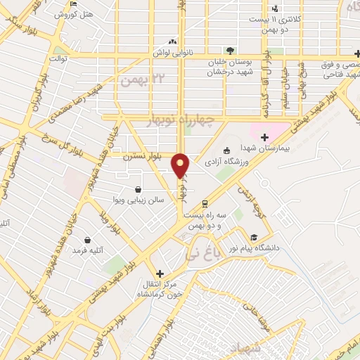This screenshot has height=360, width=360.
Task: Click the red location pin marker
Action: coord(181,165)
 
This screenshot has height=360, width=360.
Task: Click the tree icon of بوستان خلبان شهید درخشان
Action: coord(230,50)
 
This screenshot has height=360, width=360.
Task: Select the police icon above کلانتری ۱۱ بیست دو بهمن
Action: coord(275,8)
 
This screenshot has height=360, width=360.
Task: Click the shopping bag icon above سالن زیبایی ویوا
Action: coord(138,189)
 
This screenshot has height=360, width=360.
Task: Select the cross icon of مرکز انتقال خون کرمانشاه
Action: coord(160,274)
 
